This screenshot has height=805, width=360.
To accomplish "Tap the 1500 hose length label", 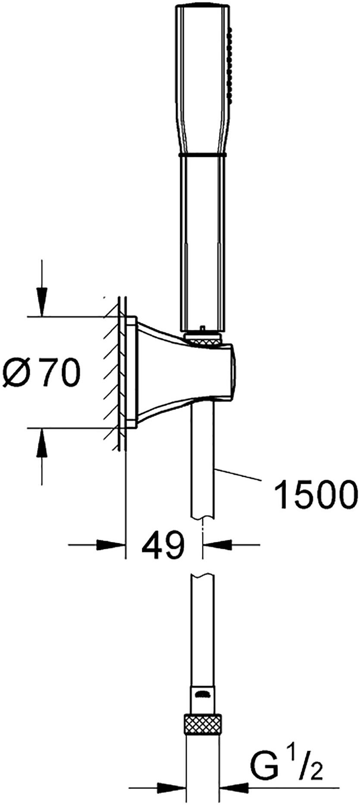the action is pyautogui.click(x=317, y=495).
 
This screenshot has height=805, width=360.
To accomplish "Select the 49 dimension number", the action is pyautogui.click(x=163, y=545).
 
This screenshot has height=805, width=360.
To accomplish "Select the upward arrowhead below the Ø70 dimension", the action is pyautogui.click(x=42, y=443).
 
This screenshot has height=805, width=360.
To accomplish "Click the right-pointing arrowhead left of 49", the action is pyautogui.click(x=110, y=545).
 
